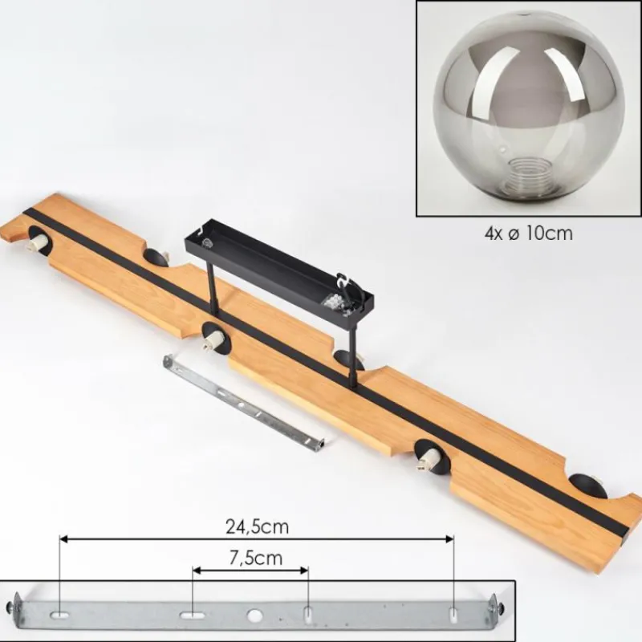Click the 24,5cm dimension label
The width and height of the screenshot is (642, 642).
[x=257, y=527]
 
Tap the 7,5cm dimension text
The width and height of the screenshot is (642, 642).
[x=256, y=558]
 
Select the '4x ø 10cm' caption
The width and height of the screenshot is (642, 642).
[x=528, y=234]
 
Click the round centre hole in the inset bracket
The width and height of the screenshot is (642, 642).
[x=254, y=615]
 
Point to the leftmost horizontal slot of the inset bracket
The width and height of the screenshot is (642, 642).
[x=59, y=615]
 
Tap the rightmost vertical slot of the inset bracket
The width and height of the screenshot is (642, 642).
[x=453, y=615]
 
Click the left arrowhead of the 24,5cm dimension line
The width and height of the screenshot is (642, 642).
[x=64, y=538]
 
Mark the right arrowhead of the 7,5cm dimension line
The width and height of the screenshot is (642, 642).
[x=304, y=571]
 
